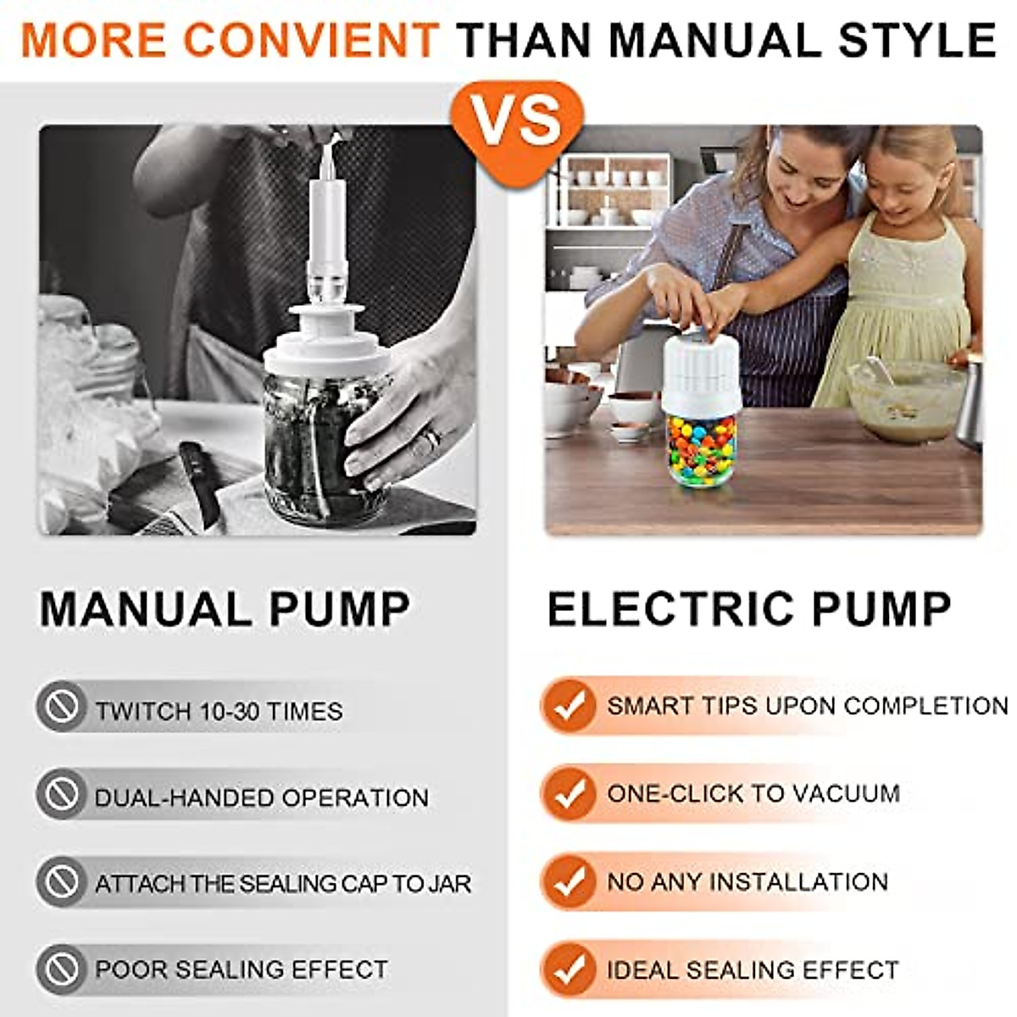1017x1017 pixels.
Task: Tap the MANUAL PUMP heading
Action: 225,609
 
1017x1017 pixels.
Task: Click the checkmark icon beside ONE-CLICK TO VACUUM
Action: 568,793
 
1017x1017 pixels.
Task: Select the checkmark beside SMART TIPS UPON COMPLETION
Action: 568,705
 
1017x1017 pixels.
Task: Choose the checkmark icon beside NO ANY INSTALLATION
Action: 568,881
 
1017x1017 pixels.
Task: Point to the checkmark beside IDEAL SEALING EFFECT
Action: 568,968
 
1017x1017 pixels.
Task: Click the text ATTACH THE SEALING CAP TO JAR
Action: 283,884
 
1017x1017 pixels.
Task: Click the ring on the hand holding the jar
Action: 432,439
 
